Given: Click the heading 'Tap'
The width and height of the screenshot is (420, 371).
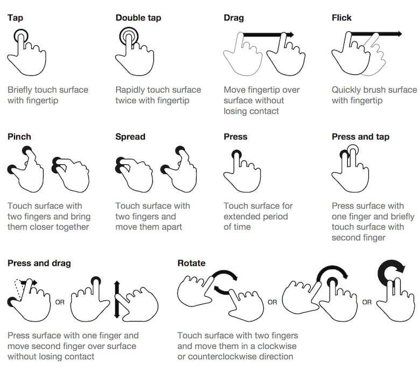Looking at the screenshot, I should [15, 18].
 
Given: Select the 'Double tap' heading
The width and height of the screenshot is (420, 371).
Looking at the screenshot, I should [138, 18].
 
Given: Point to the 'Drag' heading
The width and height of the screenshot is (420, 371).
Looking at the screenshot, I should [234, 18].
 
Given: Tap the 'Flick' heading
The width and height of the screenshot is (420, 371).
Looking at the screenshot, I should [341, 18].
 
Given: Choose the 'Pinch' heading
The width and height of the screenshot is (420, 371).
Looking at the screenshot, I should [19, 137].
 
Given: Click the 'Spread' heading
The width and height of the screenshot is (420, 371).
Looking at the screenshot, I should [130, 137].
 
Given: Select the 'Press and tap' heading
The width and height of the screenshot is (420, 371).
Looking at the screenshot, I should [360, 137].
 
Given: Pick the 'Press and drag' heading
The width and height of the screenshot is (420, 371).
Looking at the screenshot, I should [39, 263].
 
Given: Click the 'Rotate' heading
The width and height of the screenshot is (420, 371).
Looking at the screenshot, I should [191, 263].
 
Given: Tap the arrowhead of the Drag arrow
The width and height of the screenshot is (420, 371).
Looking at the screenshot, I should [290, 34].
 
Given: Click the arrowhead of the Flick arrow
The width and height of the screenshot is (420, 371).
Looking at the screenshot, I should [398, 34].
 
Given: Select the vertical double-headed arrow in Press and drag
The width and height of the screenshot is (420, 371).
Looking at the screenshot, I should [116, 300].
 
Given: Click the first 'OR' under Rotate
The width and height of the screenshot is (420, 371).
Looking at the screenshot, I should [272, 302].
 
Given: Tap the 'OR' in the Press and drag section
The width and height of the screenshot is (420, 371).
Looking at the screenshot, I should [60, 302].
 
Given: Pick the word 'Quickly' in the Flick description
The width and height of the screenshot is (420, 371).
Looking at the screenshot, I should [348, 90].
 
